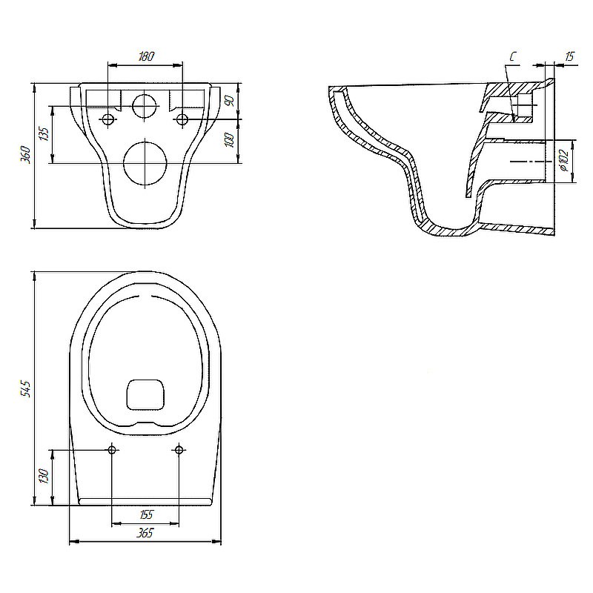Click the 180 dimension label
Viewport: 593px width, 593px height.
[146, 56]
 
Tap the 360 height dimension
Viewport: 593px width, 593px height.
[25, 153]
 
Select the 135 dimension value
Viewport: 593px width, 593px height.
[44, 134]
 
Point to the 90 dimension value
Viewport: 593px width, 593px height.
[231, 100]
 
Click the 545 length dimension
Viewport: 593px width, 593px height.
[25, 388]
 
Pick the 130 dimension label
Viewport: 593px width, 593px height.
[44, 476]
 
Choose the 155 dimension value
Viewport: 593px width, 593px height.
[146, 514]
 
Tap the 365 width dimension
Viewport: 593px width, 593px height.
[145, 533]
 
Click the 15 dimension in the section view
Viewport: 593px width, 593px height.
[569, 56]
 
